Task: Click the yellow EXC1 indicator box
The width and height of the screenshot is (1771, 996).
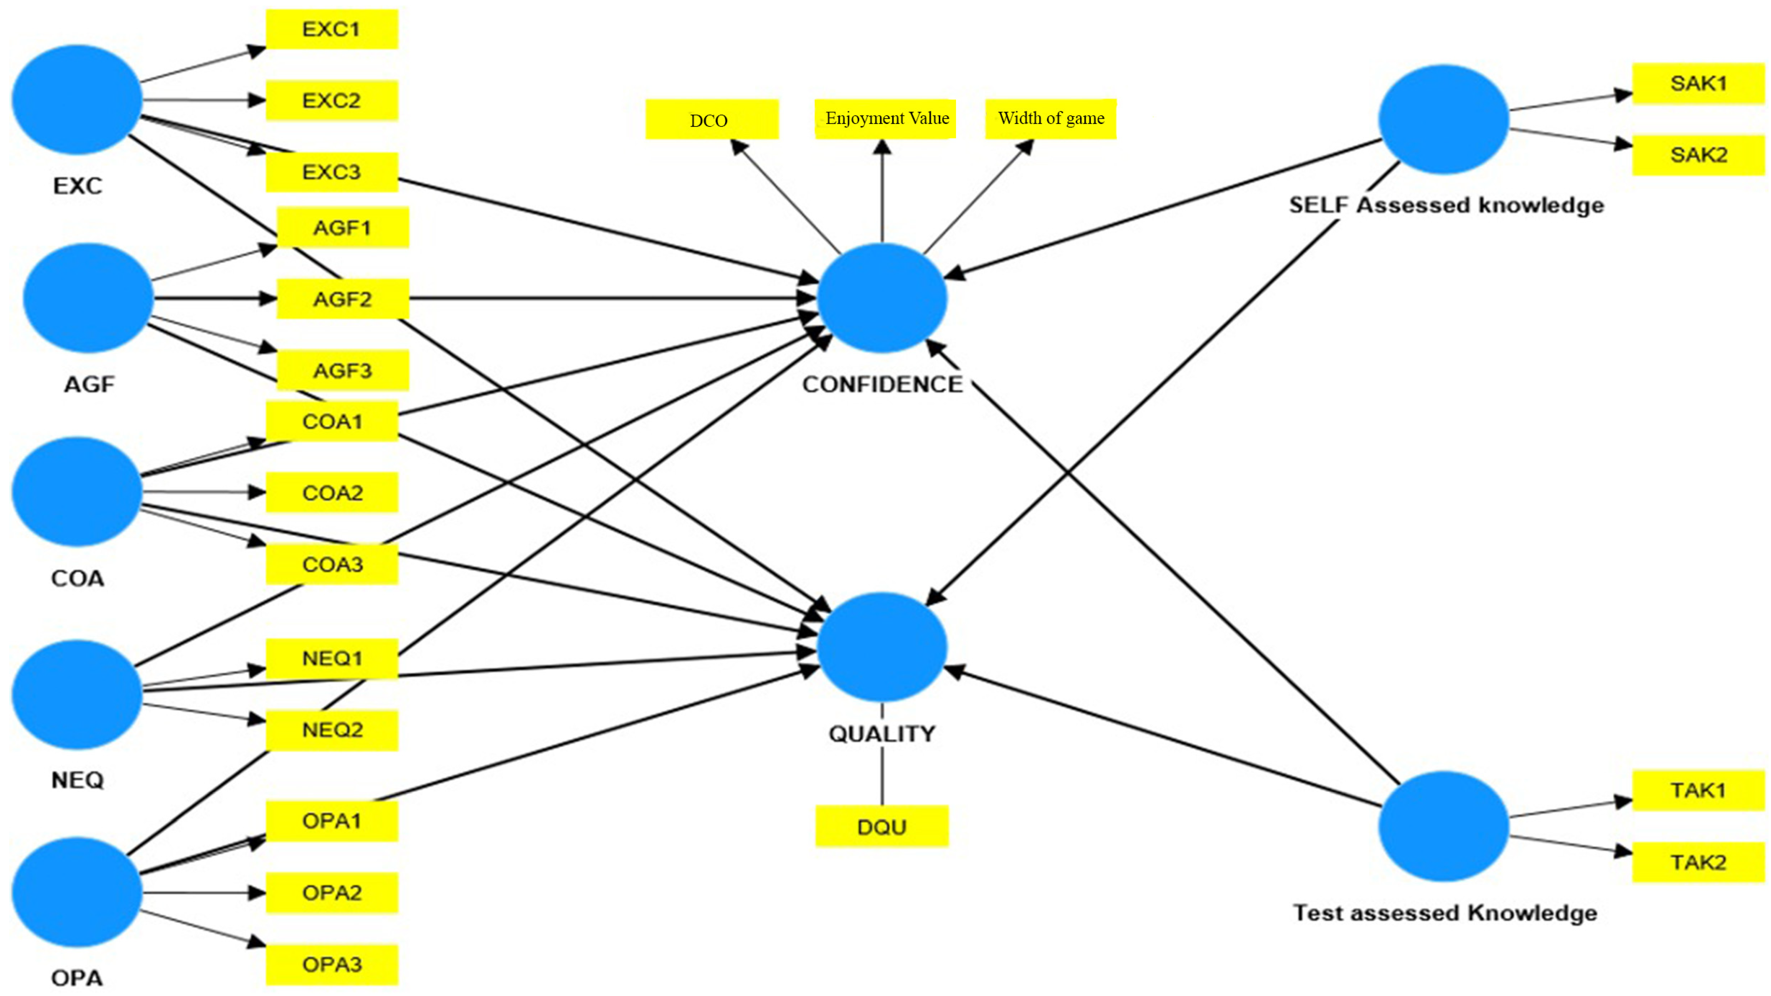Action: coord(331,30)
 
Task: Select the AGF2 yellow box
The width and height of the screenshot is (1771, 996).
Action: coord(343,299)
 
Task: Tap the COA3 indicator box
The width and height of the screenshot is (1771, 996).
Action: coord(332,564)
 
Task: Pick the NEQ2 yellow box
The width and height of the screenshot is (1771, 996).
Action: coord(332,729)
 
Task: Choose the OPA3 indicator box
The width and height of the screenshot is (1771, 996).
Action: coord(332,964)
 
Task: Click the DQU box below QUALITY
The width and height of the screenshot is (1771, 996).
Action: coord(882,826)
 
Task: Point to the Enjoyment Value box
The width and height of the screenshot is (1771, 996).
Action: coord(886,119)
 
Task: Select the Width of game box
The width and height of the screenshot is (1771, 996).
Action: coord(1051,119)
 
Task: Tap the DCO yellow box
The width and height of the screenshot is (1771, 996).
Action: coord(712,120)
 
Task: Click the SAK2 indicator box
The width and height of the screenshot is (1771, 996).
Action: coord(1698,155)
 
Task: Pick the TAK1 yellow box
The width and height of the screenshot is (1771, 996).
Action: coord(1698,790)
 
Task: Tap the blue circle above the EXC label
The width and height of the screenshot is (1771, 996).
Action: coord(77,100)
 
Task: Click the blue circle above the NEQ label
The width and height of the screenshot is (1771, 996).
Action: coord(77,694)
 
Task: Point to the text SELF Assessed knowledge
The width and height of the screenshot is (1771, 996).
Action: coord(1446,205)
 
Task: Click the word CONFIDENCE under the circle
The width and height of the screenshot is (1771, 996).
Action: coord(882,384)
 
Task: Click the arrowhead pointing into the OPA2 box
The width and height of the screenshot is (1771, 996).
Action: coord(257,893)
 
